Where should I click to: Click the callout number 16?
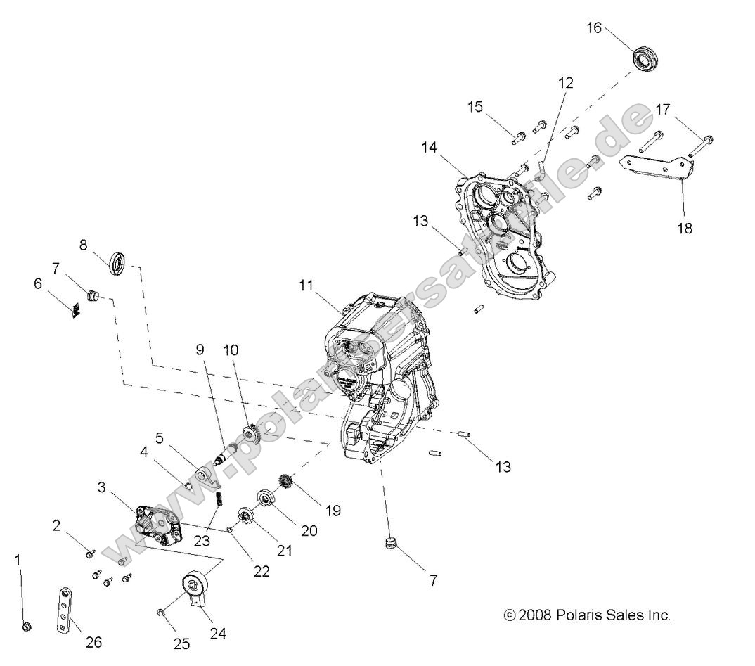pos(594,27)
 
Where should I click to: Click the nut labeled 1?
pos(26,626)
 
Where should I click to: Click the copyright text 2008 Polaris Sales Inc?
pos(588,615)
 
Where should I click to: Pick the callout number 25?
pos(181,644)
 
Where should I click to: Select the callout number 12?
pos(566,82)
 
